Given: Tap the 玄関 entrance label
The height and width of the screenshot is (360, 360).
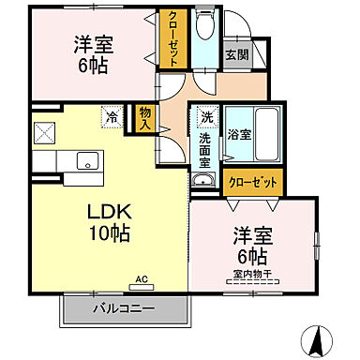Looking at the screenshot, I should [x=235, y=54].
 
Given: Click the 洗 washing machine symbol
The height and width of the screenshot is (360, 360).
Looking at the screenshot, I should [x=206, y=118].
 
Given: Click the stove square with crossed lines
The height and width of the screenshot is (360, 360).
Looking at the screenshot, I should [x=45, y=131].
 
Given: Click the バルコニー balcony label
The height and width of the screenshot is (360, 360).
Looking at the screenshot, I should [x=123, y=307].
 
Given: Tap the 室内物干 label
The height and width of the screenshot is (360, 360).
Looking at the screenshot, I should [x=251, y=275].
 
